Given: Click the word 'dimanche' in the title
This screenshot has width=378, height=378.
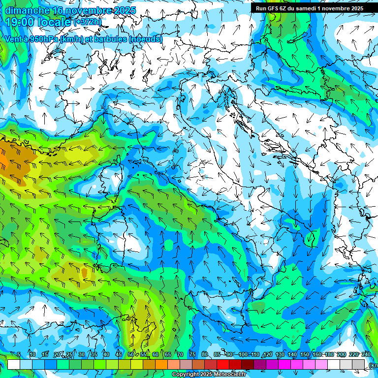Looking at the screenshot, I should tap(27, 10).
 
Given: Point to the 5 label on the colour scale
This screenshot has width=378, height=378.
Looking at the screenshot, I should tap(19, 355).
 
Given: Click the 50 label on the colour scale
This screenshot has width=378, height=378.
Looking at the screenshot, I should tap(131, 355).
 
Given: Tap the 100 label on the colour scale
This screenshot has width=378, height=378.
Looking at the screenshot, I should tap(243, 355).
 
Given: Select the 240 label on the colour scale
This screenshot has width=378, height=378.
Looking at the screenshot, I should tap(366, 355).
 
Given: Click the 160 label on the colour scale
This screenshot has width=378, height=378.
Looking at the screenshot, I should tap(317, 355).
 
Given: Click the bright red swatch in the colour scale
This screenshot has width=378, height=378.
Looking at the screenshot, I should tap(223, 364).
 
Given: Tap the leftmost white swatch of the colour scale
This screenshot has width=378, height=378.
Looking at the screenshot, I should tap(14, 364).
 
